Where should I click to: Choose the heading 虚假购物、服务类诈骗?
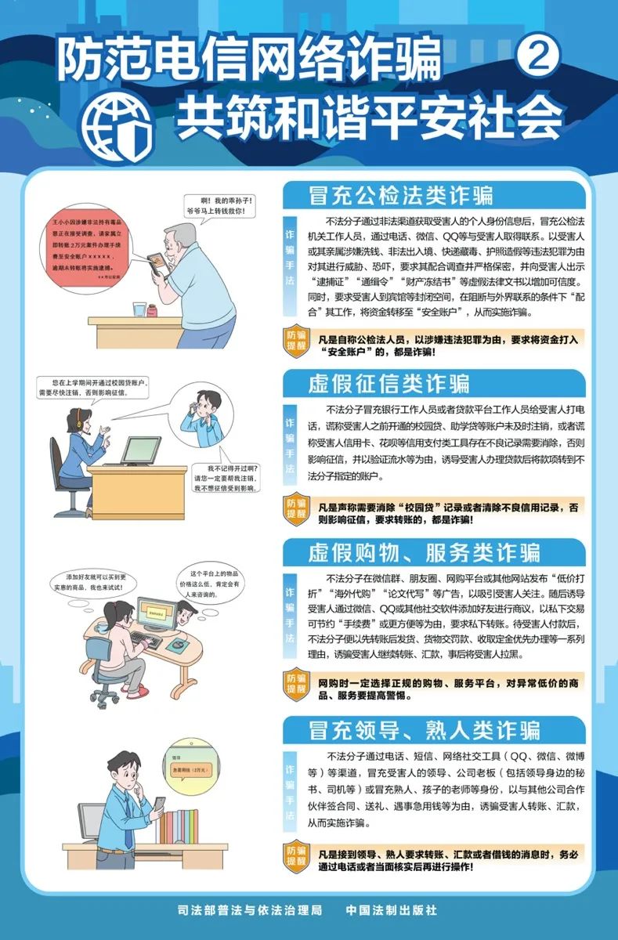click(424, 551)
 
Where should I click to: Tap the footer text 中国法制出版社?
click(391, 910)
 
